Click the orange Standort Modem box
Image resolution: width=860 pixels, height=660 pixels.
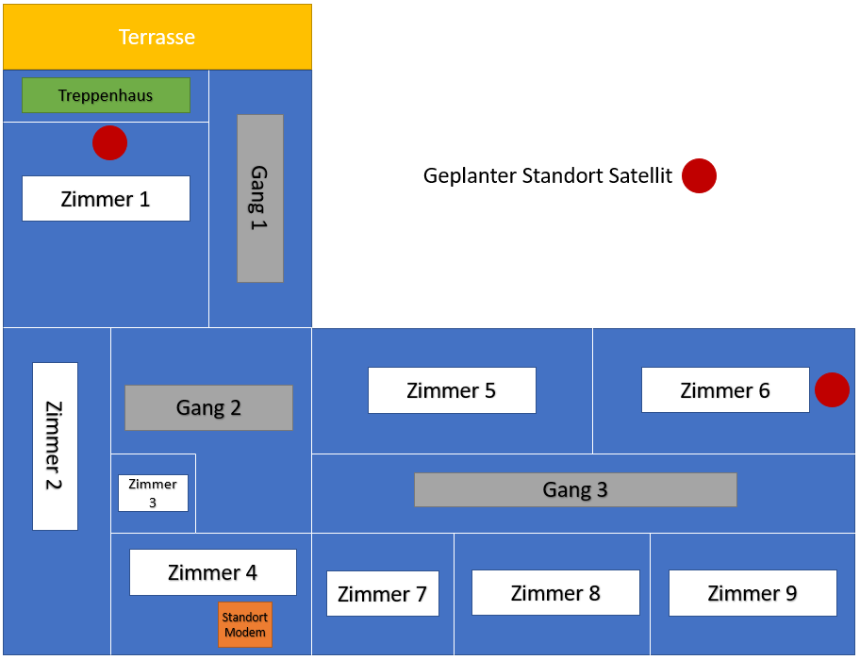(245, 624)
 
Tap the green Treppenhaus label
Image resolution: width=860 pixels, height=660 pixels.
(106, 95)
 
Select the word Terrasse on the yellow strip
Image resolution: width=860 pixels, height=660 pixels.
(157, 38)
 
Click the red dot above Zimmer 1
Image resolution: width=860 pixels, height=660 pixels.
(109, 143)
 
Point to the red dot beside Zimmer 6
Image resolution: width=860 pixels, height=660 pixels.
(832, 389)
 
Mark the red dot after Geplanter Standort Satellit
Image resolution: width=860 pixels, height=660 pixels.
(699, 175)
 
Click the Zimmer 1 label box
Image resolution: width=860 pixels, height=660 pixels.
(106, 199)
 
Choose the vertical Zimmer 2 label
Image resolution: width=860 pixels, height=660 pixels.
(55, 446)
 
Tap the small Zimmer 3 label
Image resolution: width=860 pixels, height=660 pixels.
(153, 493)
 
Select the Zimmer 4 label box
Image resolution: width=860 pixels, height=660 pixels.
(212, 572)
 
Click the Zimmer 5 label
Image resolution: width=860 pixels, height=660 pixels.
(452, 390)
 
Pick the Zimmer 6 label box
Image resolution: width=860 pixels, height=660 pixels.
(725, 390)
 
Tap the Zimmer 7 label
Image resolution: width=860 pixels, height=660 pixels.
(382, 594)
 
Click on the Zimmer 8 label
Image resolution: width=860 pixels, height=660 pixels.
(555, 593)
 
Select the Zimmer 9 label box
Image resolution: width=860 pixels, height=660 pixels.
(752, 593)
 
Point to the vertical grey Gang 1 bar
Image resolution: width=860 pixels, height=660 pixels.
(260, 198)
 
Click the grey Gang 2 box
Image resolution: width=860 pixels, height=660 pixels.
(208, 407)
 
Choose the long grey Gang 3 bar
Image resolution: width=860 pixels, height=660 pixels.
(575, 489)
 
